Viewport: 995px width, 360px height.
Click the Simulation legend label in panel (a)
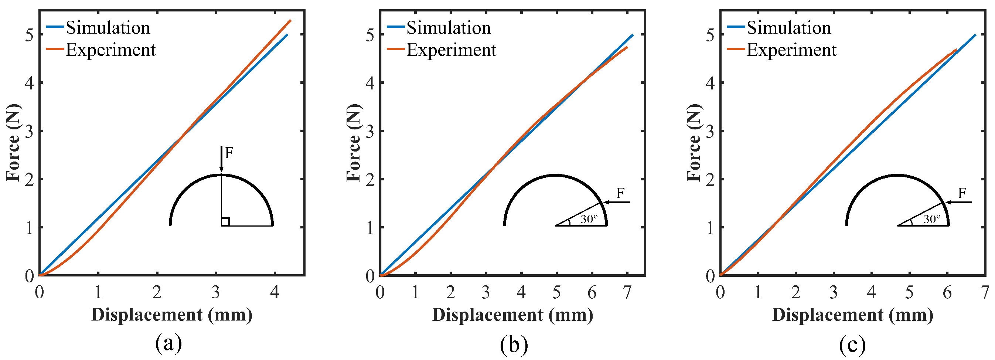click(108, 28)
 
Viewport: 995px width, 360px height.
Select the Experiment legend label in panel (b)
click(451, 50)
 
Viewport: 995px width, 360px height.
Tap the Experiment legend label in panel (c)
click(791, 50)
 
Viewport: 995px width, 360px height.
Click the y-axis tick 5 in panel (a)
click(29, 35)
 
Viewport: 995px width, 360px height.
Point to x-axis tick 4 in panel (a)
click(274, 292)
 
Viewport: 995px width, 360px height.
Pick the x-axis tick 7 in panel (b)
click(627, 292)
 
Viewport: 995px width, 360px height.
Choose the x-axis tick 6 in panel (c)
click(947, 292)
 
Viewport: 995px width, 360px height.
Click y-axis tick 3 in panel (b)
click(370, 131)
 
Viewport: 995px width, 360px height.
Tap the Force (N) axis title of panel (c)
click(694, 143)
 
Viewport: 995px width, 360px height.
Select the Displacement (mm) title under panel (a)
click(172, 315)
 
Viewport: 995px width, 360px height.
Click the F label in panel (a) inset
click(229, 153)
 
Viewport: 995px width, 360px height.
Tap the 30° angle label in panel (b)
click(589, 220)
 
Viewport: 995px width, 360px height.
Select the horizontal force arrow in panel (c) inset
click(958, 202)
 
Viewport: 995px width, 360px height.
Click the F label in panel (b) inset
click(620, 193)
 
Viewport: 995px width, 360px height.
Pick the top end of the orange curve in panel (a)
click(290, 21)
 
